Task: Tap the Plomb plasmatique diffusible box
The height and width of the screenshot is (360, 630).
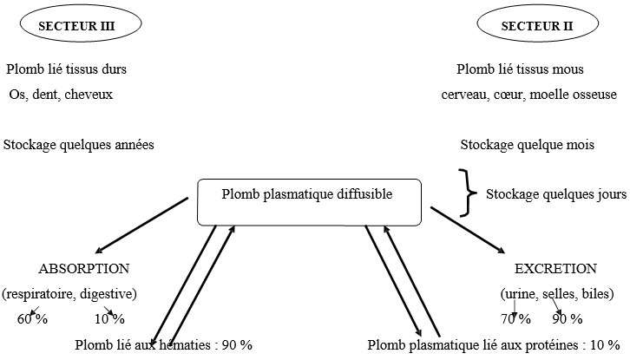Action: (307, 200)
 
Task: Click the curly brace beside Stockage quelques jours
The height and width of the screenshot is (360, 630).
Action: (469, 193)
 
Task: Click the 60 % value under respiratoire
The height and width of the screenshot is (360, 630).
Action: (32, 319)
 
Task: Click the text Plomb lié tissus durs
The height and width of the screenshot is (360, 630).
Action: (72, 69)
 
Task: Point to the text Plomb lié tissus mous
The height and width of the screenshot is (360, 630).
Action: (520, 69)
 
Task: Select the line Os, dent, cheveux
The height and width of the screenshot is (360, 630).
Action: (61, 94)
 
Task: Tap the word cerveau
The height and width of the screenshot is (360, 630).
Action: (464, 94)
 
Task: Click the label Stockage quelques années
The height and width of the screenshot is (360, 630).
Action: (79, 145)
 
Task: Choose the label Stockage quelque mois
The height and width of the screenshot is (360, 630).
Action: (527, 145)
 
